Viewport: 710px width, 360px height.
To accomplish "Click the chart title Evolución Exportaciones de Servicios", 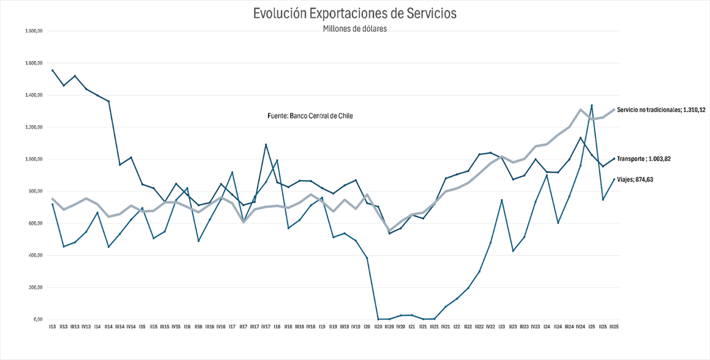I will (354, 13).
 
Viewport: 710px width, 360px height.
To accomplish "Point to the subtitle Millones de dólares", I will (354, 29).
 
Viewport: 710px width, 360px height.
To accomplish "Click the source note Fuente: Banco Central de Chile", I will (310, 116).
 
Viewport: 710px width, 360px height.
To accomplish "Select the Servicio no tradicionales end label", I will (661, 110).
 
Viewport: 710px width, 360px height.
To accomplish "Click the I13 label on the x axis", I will (53, 327).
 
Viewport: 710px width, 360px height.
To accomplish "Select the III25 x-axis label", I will (613, 327).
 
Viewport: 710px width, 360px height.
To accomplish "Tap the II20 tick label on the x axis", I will (378, 327).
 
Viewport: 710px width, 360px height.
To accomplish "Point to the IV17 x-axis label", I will (266, 327).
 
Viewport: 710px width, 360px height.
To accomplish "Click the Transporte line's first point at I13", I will (53, 70).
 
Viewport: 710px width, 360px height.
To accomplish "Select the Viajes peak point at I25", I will (591, 105).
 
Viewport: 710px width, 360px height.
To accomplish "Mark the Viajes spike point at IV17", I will (266, 144).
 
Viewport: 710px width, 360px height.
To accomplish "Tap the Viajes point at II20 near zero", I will (378, 319).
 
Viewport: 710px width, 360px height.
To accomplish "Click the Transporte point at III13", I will (75, 76).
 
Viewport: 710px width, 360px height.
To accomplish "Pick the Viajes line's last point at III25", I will (614, 179).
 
